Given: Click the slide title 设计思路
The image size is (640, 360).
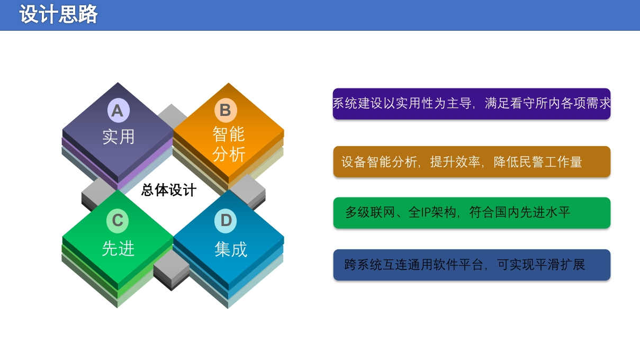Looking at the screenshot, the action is pos(58,14).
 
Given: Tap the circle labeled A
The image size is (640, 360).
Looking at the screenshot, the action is pos(118,110).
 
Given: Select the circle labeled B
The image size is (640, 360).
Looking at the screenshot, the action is pos(226,110).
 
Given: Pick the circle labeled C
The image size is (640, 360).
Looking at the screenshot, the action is pos(118,221).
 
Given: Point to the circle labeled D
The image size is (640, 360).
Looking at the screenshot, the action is pos(226,221).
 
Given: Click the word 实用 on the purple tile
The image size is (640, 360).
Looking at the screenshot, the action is pos(118,137).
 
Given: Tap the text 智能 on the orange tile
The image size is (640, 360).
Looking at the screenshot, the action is pos(229,134).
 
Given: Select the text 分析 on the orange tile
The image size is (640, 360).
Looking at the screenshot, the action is pos(229,154).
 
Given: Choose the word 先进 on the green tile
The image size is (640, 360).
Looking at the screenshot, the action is pos(118,248).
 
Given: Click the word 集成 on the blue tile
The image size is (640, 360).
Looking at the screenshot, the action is pos(231,249).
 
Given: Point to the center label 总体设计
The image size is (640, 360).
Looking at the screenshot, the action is pos(169,190).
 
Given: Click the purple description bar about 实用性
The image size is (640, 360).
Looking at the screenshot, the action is pos(472,104).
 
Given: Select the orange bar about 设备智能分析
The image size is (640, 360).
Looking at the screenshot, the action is pos(472,161).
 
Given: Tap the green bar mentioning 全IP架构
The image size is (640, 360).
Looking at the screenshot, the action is pos(472,213).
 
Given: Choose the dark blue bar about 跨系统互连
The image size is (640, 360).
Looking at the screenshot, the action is pos(472,265).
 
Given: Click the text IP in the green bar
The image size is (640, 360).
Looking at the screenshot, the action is pos(427,213).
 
